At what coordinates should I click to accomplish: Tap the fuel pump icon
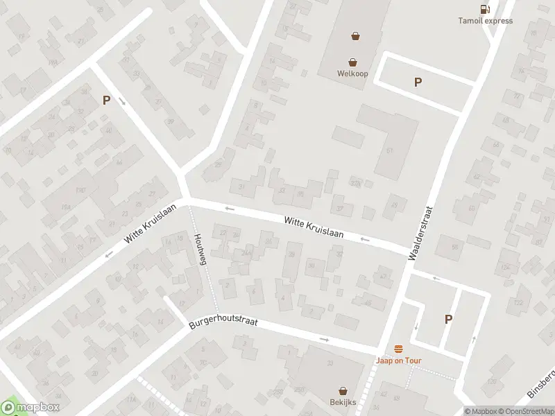(484, 8)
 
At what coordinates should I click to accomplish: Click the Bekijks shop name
(343, 402)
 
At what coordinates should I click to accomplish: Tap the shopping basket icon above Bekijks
(343, 391)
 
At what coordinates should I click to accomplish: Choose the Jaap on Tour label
(398, 360)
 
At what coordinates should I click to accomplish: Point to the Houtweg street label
(202, 249)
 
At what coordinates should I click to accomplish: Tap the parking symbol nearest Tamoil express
(418, 82)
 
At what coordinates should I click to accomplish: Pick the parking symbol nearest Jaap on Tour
(448, 319)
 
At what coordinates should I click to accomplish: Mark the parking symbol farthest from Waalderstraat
(106, 100)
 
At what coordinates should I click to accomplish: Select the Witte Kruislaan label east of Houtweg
(314, 226)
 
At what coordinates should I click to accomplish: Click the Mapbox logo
(31, 408)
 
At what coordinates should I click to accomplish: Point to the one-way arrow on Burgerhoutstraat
(325, 339)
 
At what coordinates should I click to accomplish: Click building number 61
(389, 150)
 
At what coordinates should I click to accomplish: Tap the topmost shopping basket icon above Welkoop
(356, 36)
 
